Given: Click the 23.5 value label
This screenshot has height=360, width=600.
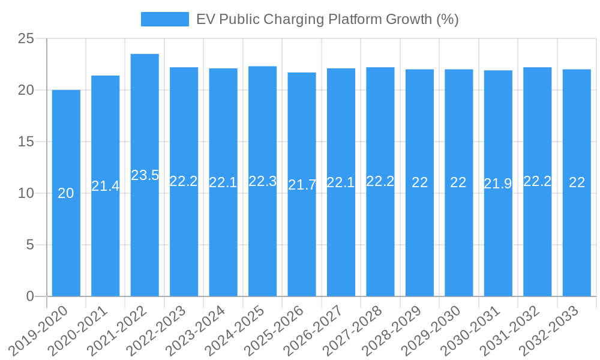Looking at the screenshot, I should point(145,175).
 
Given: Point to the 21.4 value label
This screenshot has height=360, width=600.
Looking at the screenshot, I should point(106,186).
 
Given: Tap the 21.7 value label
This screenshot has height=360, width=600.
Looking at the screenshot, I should point(302,185).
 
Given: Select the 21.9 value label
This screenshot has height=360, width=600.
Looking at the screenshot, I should point(498,184).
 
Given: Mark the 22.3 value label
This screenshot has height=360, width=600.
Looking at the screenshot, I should point(262,181).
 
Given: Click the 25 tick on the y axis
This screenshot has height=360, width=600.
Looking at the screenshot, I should point(26,39).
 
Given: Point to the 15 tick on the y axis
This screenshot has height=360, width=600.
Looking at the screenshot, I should point(26,142).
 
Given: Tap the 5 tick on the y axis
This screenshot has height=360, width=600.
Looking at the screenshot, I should point(31,245).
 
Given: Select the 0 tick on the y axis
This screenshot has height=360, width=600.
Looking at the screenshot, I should point(31,296).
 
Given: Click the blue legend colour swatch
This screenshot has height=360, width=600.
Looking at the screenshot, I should point(164,19).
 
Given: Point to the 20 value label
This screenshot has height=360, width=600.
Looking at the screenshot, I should point(66,193).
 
